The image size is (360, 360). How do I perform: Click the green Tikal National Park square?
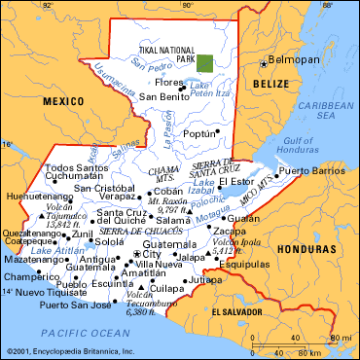204,63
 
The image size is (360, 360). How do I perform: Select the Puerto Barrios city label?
311,171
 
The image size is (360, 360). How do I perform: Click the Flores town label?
159,83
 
